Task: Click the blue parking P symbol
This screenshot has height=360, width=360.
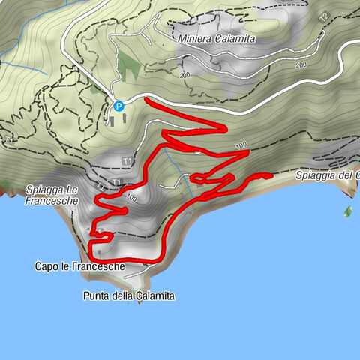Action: click(118, 106)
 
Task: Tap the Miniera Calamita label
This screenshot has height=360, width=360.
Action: click(217, 38)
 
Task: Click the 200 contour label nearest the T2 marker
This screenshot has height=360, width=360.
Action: click(301, 66)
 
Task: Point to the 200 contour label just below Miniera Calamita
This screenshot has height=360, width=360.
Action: click(185, 76)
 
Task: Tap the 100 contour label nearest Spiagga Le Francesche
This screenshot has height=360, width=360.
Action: click(132, 198)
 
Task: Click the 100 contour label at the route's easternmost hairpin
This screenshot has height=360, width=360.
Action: click(241, 145)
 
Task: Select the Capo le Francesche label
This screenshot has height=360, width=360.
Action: click(79, 266)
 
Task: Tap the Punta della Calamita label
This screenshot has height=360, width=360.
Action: click(129, 296)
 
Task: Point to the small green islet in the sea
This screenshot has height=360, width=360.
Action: click(348, 211)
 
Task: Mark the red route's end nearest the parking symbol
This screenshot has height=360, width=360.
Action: click(146, 99)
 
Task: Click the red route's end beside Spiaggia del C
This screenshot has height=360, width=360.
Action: click(268, 175)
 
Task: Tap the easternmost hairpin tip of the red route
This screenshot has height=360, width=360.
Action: click(247, 152)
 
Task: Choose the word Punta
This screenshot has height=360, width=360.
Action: click(95, 296)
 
